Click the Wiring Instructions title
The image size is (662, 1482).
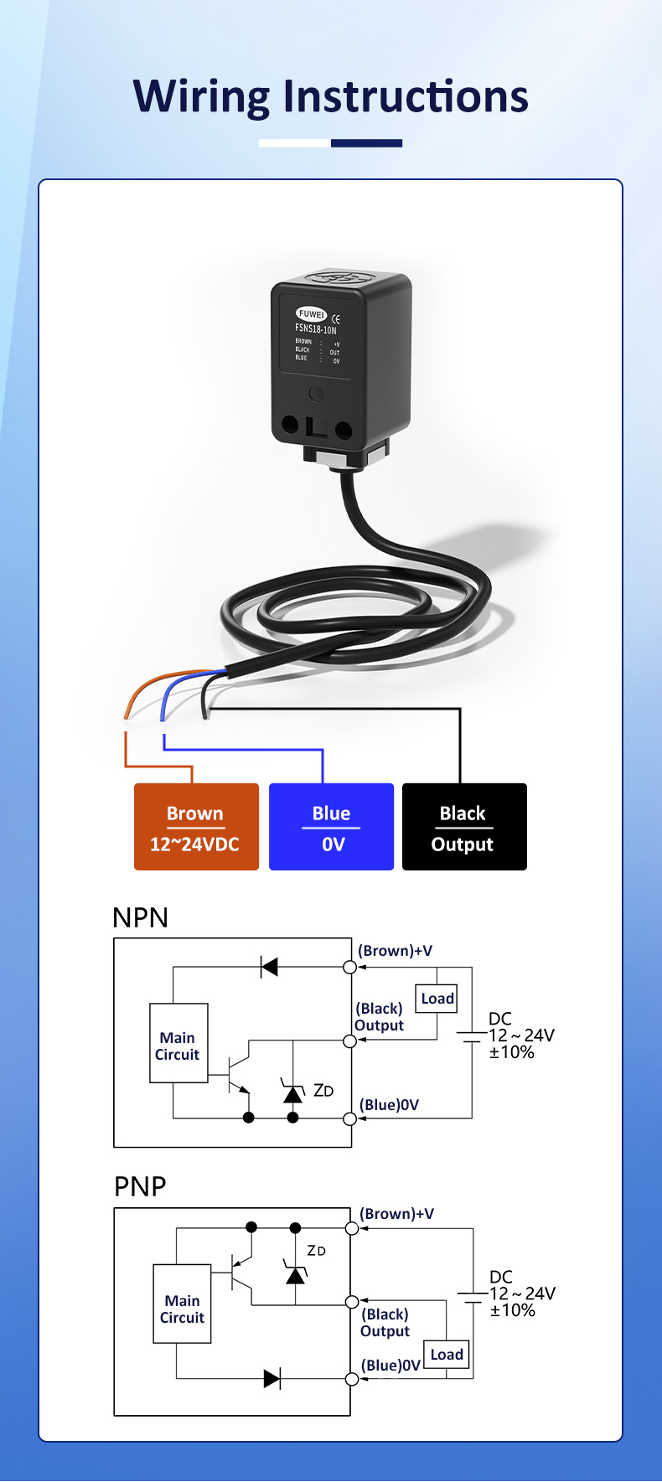click(x=330, y=96)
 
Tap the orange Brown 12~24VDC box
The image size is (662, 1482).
click(x=196, y=827)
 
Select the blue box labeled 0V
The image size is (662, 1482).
click(x=331, y=827)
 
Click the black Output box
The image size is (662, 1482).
click(x=464, y=827)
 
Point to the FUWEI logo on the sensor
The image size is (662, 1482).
click(x=311, y=314)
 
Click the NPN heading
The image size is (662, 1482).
click(x=140, y=917)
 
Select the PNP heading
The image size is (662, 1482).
click(x=140, y=1186)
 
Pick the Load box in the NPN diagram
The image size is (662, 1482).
click(x=437, y=999)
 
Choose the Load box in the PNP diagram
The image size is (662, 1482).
click(x=446, y=1355)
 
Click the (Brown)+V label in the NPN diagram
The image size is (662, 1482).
click(x=395, y=951)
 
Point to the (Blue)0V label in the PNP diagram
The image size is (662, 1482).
click(x=390, y=1366)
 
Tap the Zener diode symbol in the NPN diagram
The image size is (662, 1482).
click(x=292, y=1092)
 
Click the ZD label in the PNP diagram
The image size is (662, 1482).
click(x=316, y=1251)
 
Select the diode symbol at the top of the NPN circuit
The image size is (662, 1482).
click(x=269, y=968)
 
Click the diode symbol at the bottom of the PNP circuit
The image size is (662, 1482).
click(x=272, y=1379)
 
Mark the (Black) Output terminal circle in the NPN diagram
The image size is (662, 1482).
click(x=350, y=1041)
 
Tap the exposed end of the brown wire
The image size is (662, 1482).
click(x=127, y=715)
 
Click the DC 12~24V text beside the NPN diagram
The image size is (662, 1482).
click(x=521, y=1035)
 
